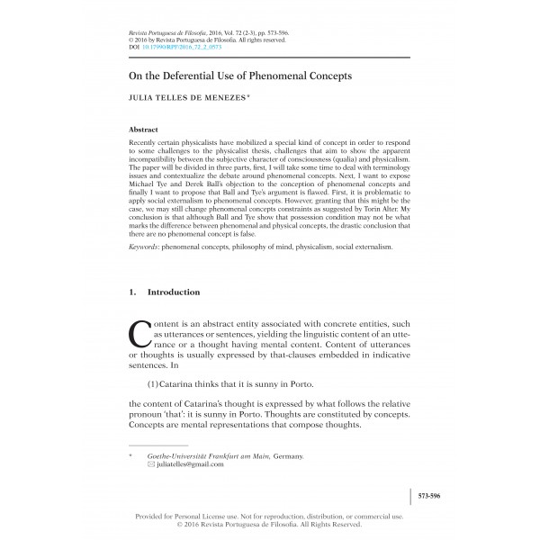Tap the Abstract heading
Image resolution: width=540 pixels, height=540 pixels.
click(145, 130)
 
